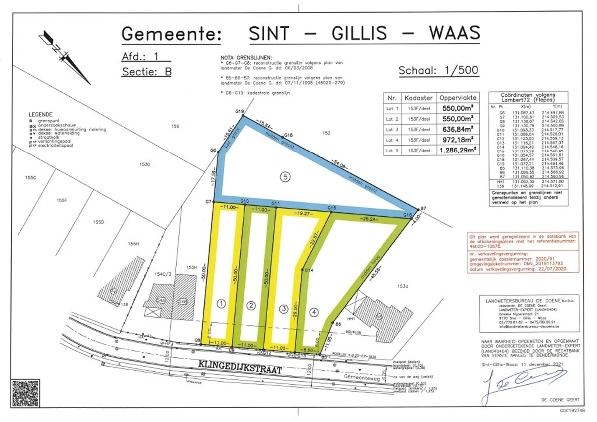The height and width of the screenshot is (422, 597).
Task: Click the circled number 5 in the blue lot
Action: (285, 177)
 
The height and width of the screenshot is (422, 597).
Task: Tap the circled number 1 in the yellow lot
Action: (221, 304)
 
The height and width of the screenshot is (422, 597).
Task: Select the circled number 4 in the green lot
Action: (314, 312)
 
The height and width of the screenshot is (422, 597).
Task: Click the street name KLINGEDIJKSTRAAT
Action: (240, 367)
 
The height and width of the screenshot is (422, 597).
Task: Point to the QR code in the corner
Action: (25, 393)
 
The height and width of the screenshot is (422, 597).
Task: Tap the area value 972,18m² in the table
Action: (457, 140)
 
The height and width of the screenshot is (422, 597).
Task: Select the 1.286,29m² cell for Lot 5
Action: (457, 150)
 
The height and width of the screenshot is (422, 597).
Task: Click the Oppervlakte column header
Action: (457, 98)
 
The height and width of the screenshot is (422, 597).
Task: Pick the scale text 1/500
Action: (461, 70)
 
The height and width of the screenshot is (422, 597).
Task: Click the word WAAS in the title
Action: (454, 33)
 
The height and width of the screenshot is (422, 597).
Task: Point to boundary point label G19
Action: (239, 112)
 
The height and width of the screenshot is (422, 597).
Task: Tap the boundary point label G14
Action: (309, 270)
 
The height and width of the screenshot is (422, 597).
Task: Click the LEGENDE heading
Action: (40, 114)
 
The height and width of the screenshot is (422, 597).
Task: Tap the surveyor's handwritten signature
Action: (522, 384)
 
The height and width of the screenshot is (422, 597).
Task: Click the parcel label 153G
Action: (145, 164)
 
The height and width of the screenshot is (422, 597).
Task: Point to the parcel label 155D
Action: (98, 222)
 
